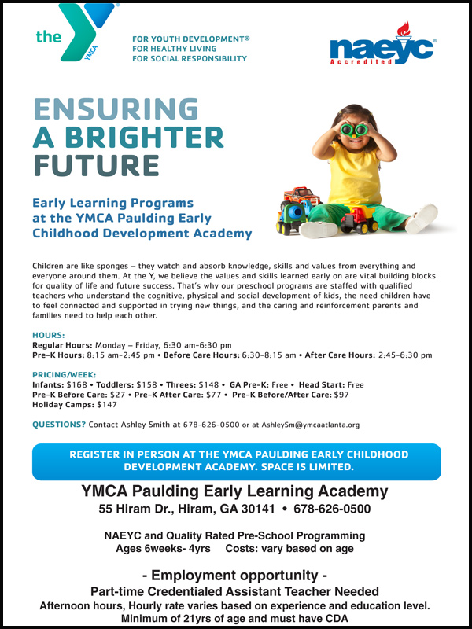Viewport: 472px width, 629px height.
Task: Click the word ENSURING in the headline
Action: (115, 109)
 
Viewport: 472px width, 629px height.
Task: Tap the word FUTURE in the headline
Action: (96, 166)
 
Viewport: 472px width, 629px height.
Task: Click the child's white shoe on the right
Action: (421, 218)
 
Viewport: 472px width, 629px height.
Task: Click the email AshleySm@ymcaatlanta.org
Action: (310, 425)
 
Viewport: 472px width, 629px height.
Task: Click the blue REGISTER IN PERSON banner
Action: (236, 461)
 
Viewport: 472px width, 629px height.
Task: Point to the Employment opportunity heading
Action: (235, 575)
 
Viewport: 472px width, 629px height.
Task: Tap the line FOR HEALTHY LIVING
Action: (181, 47)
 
